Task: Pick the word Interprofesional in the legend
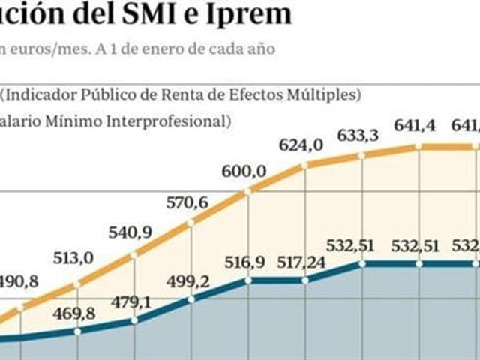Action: [173, 120]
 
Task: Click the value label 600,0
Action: [244, 172]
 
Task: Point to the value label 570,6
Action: [190, 201]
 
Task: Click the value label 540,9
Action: [135, 232]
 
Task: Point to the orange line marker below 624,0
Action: [304, 166]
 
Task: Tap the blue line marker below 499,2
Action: [191, 299]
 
